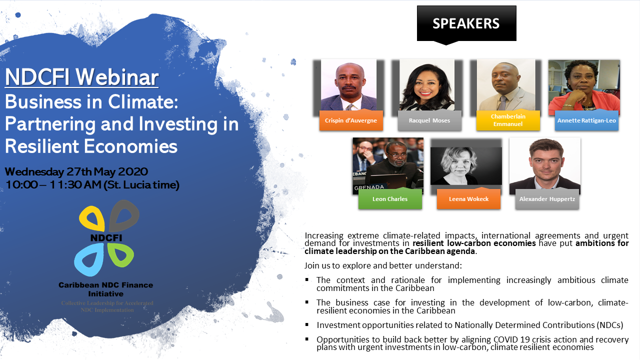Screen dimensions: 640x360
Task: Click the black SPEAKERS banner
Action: pyautogui.click(x=466, y=23)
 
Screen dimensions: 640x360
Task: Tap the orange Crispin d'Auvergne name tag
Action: pyautogui.click(x=351, y=120)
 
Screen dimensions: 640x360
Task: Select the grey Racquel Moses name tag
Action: pyautogui.click(x=429, y=120)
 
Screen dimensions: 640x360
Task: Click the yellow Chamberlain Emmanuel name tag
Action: pyautogui.click(x=508, y=120)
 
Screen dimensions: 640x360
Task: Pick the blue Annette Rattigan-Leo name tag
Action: pyautogui.click(x=586, y=120)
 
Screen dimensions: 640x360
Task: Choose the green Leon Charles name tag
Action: pyautogui.click(x=390, y=198)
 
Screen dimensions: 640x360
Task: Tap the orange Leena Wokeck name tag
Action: pyautogui.click(x=468, y=198)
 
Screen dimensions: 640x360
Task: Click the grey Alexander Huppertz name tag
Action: pyautogui.click(x=547, y=198)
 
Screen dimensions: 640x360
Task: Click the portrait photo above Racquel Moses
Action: pyautogui.click(x=427, y=84)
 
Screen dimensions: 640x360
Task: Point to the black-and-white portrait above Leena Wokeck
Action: pyautogui.click(x=466, y=165)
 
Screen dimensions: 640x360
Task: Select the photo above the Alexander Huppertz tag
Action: pyautogui.click(x=545, y=163)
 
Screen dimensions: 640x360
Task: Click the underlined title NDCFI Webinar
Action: pyautogui.click(x=81, y=77)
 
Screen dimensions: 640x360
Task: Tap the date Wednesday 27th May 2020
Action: pyautogui.click(x=76, y=171)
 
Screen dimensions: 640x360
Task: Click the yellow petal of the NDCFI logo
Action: pyautogui.click(x=92, y=218)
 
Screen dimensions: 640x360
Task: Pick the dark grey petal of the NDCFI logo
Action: pyautogui.click(x=124, y=215)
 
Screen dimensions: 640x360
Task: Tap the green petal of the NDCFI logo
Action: pyautogui.click(x=120, y=255)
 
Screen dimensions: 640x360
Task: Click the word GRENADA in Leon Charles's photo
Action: pyautogui.click(x=369, y=187)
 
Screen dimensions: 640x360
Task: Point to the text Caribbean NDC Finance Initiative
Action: pyautogui.click(x=105, y=289)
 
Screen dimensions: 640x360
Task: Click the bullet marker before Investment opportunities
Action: pyautogui.click(x=307, y=324)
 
